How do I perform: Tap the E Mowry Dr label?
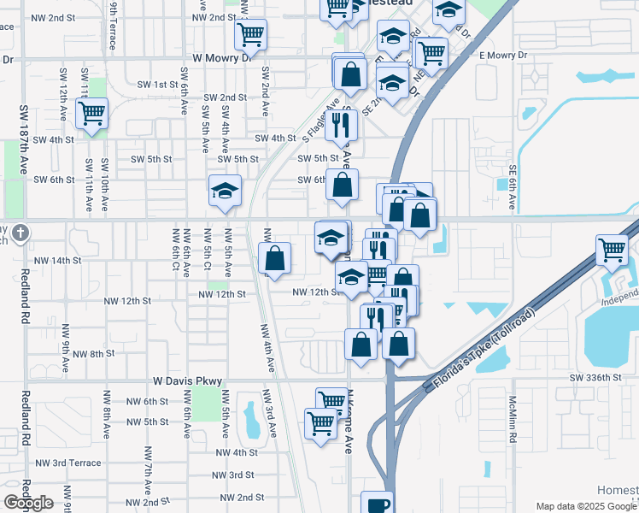[506, 55]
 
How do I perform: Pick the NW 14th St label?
[57, 260]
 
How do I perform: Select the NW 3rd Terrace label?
[68, 463]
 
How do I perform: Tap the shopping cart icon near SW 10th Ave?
[91, 113]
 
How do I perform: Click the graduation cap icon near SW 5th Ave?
[225, 191]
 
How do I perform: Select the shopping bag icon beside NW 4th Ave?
[275, 258]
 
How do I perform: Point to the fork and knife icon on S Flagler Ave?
[341, 125]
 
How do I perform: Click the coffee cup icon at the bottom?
[377, 504]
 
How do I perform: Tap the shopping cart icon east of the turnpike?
[613, 251]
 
